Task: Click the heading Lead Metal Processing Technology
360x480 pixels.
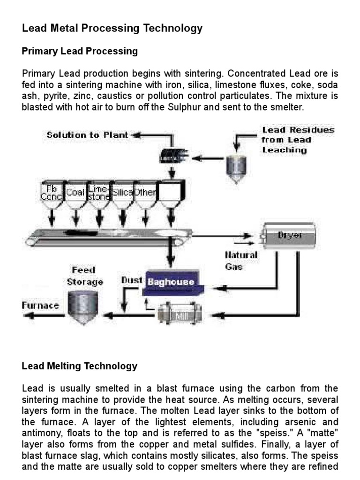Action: (112, 28)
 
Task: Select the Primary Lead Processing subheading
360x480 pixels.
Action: (80, 51)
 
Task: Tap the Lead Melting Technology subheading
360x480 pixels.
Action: (80, 366)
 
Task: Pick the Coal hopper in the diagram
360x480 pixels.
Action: (75, 193)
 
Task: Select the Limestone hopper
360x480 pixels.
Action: (99, 193)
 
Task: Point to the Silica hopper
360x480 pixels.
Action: (123, 193)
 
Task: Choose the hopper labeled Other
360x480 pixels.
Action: (146, 193)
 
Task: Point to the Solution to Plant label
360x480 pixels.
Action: (87, 135)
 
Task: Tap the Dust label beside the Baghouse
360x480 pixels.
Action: (132, 280)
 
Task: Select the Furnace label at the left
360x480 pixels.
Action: (41, 306)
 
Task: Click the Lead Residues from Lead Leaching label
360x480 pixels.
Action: (298, 140)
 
